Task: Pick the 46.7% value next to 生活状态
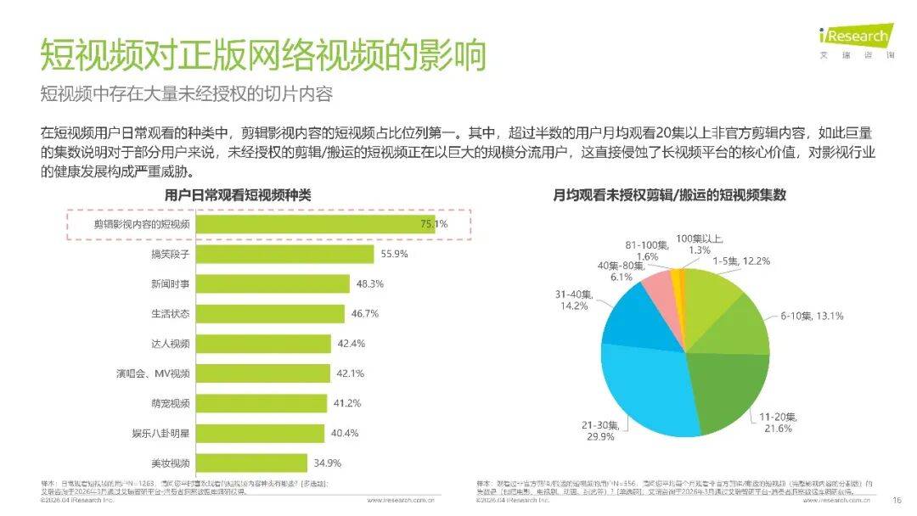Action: pos(365,314)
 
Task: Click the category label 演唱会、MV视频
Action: pos(154,373)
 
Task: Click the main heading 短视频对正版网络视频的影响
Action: pos(263,56)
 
